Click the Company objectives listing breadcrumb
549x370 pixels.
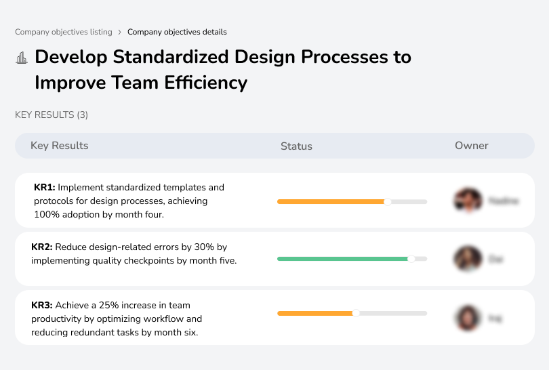64,32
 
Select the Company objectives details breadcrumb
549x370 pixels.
177,32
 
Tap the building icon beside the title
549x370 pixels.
22,58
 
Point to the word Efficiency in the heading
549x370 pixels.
205,83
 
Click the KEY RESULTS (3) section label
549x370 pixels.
52,115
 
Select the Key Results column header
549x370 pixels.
59,146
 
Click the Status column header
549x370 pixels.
296,146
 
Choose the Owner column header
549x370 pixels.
471,146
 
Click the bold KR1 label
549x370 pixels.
44,187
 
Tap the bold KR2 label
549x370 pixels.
42,247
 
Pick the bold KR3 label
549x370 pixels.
42,306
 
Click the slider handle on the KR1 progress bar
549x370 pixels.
388,201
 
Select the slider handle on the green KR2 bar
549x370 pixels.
411,259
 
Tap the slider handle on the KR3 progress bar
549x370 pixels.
356,313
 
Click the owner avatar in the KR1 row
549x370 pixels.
467,201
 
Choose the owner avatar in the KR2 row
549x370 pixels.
467,259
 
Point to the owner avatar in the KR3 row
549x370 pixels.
467,317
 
